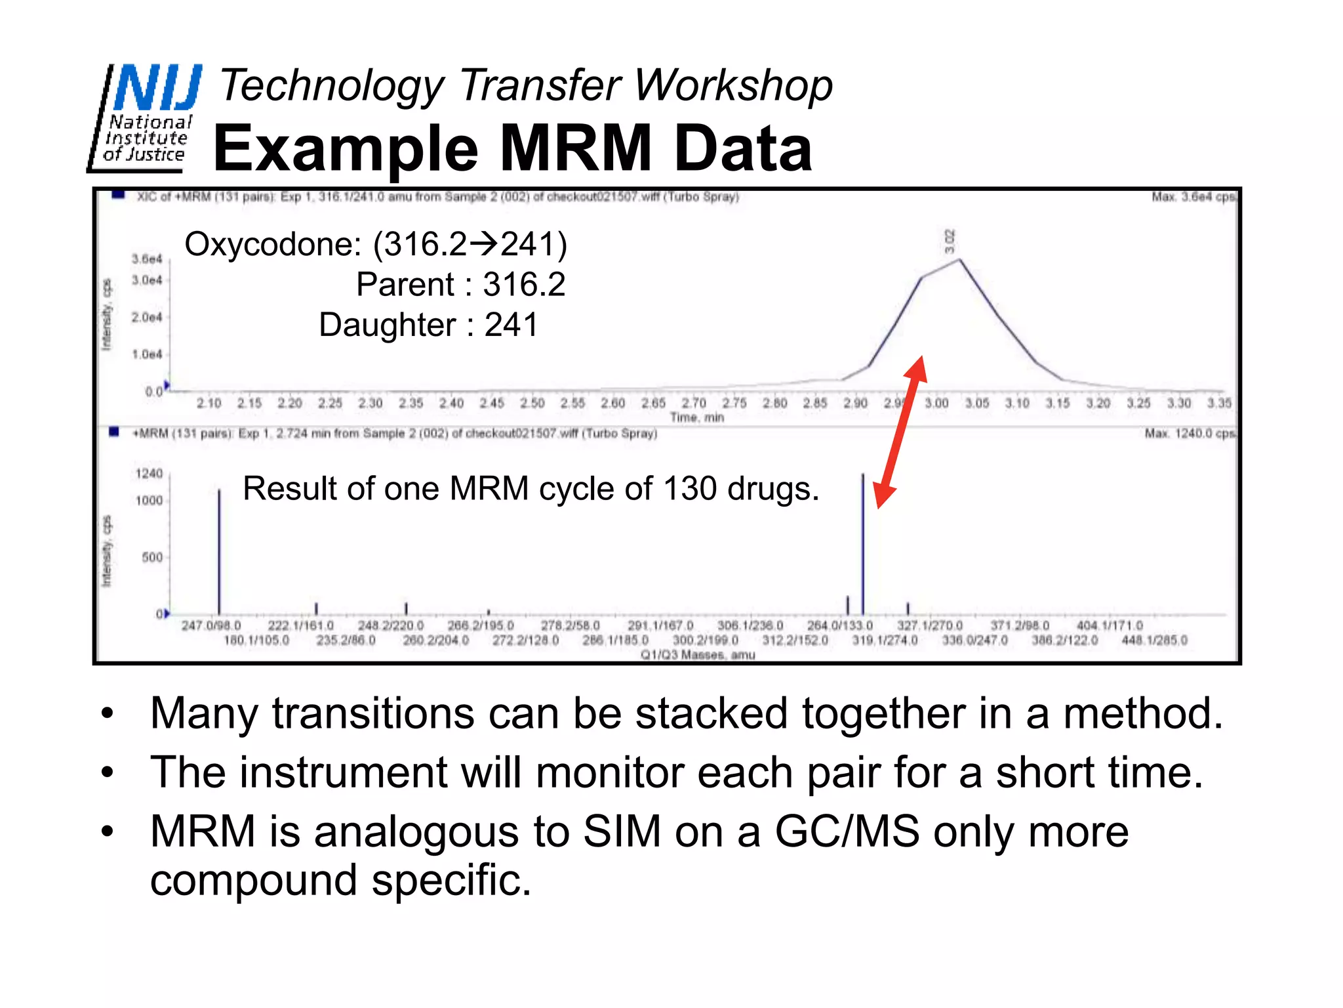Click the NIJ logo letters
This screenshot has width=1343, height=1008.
(x=157, y=88)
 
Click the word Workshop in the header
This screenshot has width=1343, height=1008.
(x=734, y=86)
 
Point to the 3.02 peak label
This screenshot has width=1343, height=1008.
(x=950, y=241)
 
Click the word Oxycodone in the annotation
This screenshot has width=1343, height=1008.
(x=272, y=245)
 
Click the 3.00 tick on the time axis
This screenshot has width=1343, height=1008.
(x=936, y=403)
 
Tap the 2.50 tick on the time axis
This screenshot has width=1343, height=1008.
(x=532, y=403)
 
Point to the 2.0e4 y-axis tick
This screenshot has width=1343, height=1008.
(x=147, y=318)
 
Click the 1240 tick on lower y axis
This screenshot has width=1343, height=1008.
(x=149, y=474)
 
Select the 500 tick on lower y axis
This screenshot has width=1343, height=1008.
(x=152, y=557)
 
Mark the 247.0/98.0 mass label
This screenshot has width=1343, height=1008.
(x=211, y=625)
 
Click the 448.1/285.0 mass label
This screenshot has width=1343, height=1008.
(x=1154, y=640)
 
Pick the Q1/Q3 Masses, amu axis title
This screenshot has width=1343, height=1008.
(x=698, y=654)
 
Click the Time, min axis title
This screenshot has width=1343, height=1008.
(x=696, y=417)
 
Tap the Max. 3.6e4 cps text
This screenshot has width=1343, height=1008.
(x=1193, y=197)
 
